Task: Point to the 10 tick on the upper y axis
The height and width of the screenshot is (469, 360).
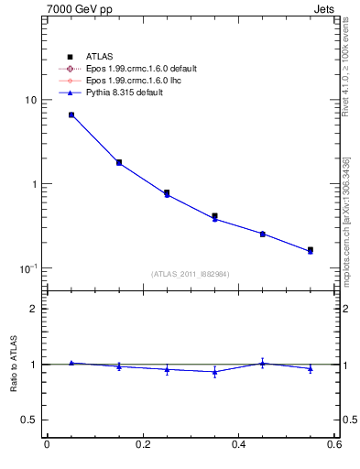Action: pyautogui.click(x=30, y=100)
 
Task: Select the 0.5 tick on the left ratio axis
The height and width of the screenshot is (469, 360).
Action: pyautogui.click(x=28, y=420)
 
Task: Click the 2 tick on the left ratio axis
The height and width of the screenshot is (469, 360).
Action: pyautogui.click(x=33, y=309)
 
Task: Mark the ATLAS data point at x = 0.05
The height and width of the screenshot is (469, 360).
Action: pyautogui.click(x=71, y=115)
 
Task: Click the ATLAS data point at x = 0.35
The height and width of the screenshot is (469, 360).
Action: pyautogui.click(x=214, y=216)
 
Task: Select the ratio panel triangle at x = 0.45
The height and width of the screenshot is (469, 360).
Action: pyautogui.click(x=262, y=363)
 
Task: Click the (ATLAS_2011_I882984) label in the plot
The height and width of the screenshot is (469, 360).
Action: pyautogui.click(x=191, y=273)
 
